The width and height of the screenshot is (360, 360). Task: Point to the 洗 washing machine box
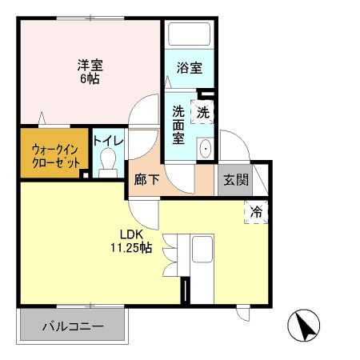pyautogui.click(x=204, y=113)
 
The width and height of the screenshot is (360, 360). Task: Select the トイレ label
pyautogui.click(x=108, y=141)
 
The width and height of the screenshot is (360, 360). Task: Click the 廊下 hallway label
pyautogui.click(x=147, y=180)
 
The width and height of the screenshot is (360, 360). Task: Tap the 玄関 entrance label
pyautogui.click(x=235, y=179)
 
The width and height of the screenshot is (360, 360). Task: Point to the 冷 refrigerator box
pyautogui.click(x=257, y=212)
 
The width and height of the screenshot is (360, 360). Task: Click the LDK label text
pyautogui.click(x=130, y=234)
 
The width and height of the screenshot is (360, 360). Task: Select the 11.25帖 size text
pyautogui.click(x=130, y=248)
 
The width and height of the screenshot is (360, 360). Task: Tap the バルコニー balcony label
pyautogui.click(x=72, y=326)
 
